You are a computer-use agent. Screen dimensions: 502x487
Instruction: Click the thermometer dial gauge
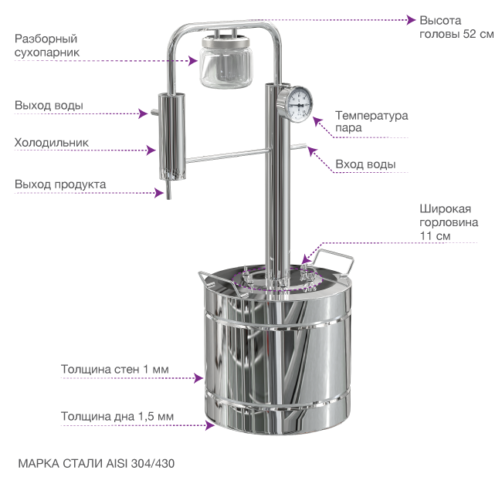click(294, 104)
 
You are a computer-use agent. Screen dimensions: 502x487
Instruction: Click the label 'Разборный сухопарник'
click(47, 46)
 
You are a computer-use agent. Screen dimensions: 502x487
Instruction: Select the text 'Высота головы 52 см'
click(456, 27)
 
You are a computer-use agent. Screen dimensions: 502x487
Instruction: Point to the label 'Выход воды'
click(49, 105)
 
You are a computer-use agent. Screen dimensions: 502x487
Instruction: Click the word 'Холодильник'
click(52, 143)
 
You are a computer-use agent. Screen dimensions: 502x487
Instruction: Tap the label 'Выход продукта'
click(60, 184)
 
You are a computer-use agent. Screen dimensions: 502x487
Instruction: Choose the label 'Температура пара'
click(371, 121)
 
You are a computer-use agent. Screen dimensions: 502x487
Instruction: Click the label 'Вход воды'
click(365, 164)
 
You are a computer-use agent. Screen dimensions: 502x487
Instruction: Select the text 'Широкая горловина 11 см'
click(449, 222)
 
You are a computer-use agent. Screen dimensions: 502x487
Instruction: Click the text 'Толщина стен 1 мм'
click(114, 369)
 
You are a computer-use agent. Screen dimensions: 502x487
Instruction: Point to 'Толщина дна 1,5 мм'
click(117, 416)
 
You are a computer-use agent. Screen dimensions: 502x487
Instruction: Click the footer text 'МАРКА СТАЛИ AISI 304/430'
click(97, 463)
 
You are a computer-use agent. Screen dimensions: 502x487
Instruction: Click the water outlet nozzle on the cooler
click(154, 113)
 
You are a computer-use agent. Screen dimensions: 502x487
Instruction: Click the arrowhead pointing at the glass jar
click(193, 60)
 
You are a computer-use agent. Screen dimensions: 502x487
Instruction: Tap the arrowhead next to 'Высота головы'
click(411, 20)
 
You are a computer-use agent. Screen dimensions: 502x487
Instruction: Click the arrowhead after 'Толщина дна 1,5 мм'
click(210, 425)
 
